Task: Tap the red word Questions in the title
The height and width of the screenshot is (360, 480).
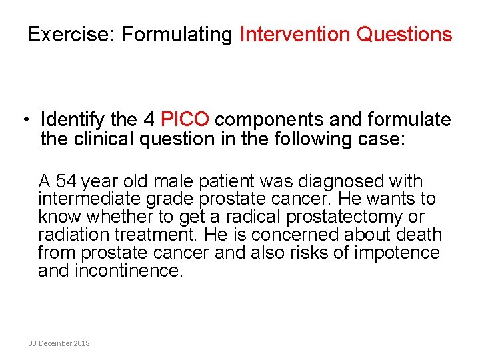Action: click(x=404, y=34)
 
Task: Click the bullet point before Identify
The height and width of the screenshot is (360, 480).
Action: click(x=24, y=120)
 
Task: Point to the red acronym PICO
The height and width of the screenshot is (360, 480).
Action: click(x=185, y=120)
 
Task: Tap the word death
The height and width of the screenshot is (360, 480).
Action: click(x=419, y=235)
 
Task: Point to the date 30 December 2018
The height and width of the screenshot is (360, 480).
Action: click(x=59, y=343)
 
